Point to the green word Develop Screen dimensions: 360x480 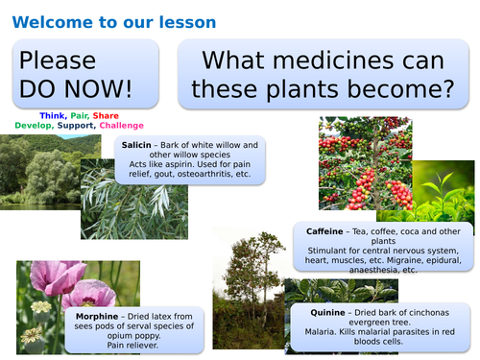click(33, 125)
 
